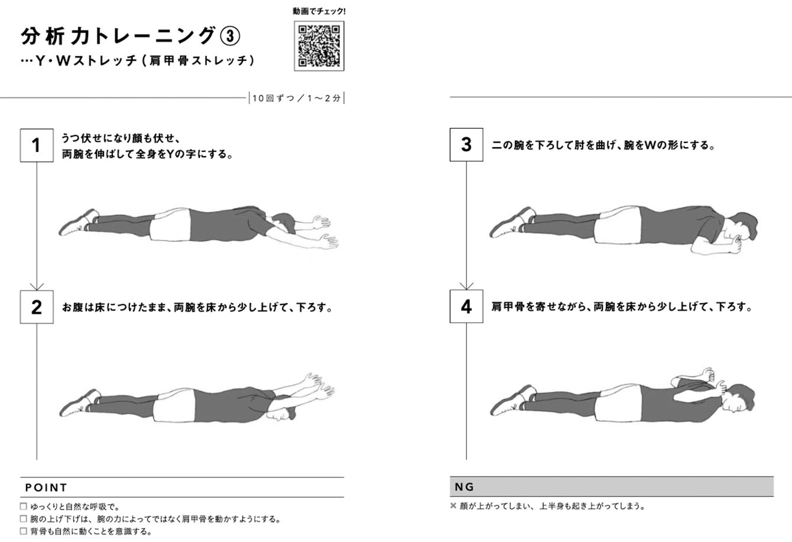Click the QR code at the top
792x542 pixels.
tap(319, 46)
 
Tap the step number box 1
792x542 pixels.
tap(37, 145)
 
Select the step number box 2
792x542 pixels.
tap(37, 307)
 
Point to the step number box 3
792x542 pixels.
tap(466, 145)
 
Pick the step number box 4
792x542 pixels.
tap(466, 306)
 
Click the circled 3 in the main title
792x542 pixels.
tap(230, 37)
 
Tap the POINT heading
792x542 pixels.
tap(46, 488)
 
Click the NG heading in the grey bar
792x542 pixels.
tap(464, 487)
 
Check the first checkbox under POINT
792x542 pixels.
tap(23, 507)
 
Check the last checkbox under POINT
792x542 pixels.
tap(23, 531)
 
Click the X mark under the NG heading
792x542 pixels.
tap(453, 505)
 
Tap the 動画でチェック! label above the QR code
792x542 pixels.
tap(319, 11)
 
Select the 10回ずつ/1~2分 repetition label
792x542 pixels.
tap(296, 98)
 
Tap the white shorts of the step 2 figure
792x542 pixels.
tap(175, 405)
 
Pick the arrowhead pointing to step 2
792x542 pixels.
tap(37, 287)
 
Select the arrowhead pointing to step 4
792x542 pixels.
tap(466, 286)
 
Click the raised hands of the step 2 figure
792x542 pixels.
tap(318, 385)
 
